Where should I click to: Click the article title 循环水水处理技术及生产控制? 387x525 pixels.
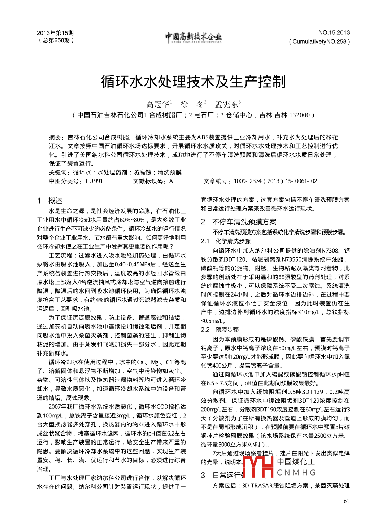(193, 82)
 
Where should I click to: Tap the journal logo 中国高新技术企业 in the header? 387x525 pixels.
(193, 37)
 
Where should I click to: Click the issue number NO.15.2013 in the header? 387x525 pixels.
(334, 32)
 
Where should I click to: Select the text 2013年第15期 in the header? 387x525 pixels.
(55, 33)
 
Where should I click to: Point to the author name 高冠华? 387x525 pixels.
(158, 105)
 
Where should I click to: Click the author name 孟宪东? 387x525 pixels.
(227, 105)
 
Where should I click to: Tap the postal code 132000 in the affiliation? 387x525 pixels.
(299, 115)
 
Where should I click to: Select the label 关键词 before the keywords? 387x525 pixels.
(58, 172)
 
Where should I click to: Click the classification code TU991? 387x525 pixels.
(94, 181)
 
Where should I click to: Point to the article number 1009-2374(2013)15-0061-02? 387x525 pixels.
(275, 181)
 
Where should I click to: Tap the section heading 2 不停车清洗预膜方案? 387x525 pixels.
(239, 222)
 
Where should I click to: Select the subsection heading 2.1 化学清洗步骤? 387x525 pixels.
(226, 241)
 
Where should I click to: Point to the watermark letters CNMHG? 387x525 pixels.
(296, 473)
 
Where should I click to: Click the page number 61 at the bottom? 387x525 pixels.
(347, 501)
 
